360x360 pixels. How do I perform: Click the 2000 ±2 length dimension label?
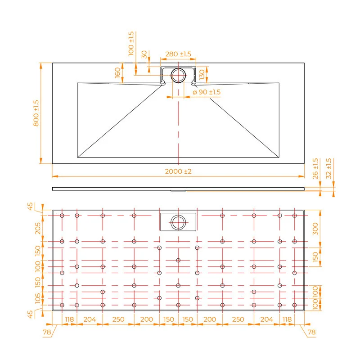click(178, 171)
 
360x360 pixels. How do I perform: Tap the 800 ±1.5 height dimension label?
click(36, 113)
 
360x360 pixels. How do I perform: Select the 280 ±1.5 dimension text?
click(178, 54)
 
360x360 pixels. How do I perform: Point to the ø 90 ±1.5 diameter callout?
click(207, 92)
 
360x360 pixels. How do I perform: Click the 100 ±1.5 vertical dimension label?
click(131, 44)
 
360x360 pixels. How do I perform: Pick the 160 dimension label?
click(117, 72)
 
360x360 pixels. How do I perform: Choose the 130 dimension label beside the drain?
click(202, 75)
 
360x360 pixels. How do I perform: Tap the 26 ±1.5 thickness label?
click(315, 169)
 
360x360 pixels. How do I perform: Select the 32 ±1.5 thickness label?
click(329, 169)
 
